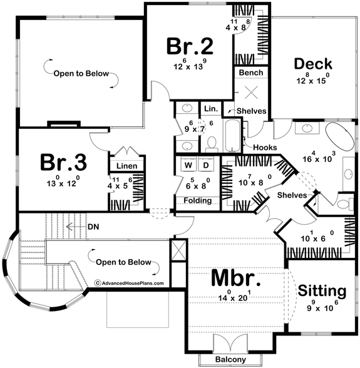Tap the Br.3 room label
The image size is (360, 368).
pyautogui.click(x=64, y=163)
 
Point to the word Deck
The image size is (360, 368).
pyautogui.click(x=312, y=64)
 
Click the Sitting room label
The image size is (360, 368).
pyautogui.click(x=322, y=291)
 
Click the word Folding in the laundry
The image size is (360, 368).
pyautogui.click(x=197, y=201)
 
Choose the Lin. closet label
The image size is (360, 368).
pyautogui.click(x=210, y=109)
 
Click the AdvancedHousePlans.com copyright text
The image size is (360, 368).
pyautogui.click(x=129, y=283)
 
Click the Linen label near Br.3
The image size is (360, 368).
pyautogui.click(x=126, y=166)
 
